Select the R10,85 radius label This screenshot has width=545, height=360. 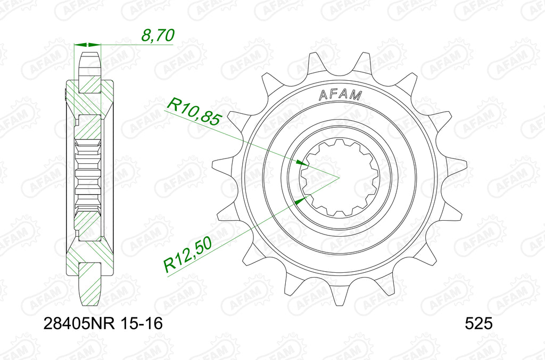click(x=193, y=110)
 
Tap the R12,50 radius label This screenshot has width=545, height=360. click(x=188, y=256)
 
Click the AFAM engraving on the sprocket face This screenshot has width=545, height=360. click(x=340, y=95)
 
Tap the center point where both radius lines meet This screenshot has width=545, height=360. click(x=339, y=177)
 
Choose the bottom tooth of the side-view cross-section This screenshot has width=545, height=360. click(x=89, y=284)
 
